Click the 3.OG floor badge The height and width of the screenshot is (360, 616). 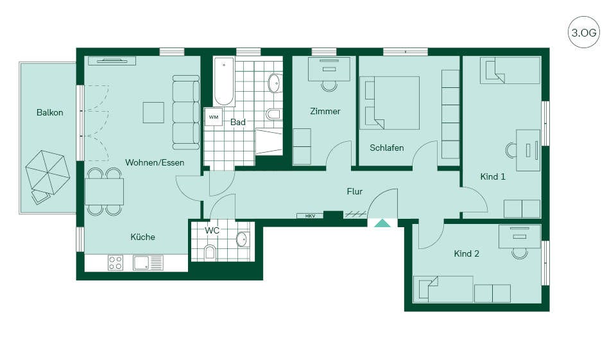click(584, 32)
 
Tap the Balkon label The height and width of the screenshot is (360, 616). click(50, 113)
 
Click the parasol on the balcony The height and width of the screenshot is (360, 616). click(47, 172)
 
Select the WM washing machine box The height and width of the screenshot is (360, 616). click(213, 117)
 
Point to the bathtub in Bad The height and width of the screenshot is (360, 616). click(224, 81)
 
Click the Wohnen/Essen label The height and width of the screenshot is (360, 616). click(155, 162)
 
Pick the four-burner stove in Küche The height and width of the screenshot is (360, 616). click(116, 263)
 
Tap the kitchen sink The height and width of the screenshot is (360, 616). click(148, 263)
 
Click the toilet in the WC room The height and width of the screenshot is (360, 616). click(210, 253)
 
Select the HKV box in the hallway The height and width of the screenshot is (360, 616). click(310, 216)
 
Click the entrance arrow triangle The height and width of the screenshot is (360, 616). click(382, 223)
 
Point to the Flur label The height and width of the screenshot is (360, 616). click(355, 191)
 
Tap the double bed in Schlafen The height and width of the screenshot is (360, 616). click(392, 103)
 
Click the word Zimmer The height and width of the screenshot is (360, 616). click(325, 111)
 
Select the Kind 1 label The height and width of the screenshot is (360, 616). click(493, 177)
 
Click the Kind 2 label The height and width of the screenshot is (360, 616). click(466, 254)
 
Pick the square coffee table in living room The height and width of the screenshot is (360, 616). click(153, 112)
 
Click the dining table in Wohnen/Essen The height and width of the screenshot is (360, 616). click(104, 191)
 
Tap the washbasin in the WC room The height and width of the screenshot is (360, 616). click(242, 239)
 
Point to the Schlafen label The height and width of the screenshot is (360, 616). click(386, 148)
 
